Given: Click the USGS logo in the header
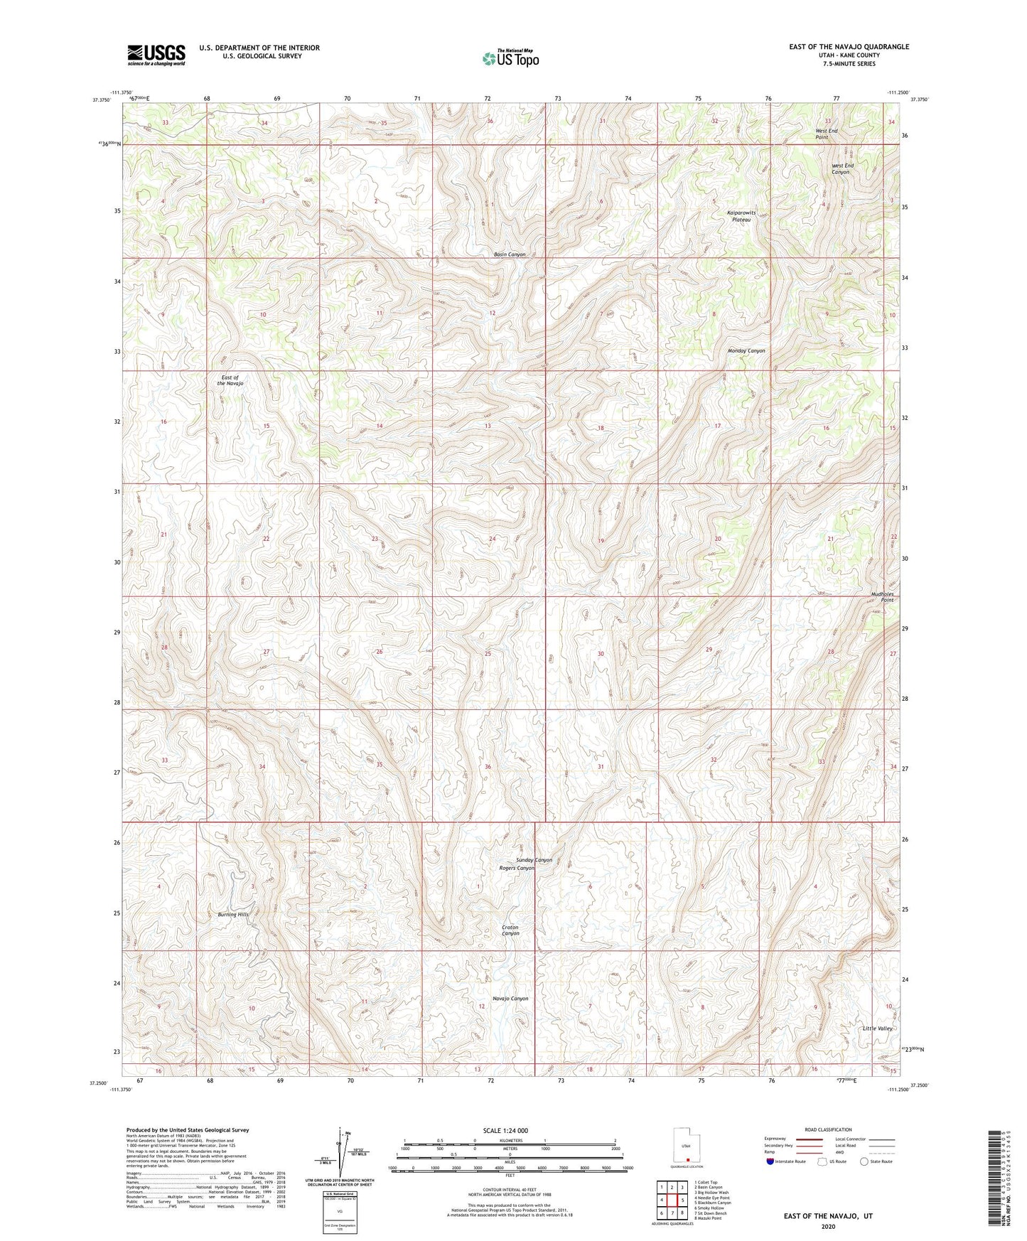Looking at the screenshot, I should [x=156, y=54].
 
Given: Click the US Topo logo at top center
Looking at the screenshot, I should [x=510, y=58].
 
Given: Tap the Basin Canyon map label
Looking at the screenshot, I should [x=510, y=254].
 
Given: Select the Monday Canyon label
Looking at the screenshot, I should [x=746, y=351].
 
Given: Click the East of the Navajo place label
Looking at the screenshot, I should [x=230, y=380].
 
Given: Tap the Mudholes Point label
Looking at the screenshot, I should [x=882, y=597].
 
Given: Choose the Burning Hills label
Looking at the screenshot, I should [x=233, y=915].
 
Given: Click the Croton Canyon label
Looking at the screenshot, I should [x=510, y=930].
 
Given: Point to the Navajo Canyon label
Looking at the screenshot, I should [x=510, y=999].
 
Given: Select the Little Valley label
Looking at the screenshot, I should [x=877, y=1028].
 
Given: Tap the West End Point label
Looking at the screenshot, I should [x=826, y=134].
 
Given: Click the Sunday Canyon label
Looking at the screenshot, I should [x=534, y=860].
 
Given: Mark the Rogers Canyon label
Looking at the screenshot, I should [x=517, y=868].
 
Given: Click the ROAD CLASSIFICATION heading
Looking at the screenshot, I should [x=828, y=1129].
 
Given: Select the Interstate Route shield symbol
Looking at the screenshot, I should [x=770, y=1161].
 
